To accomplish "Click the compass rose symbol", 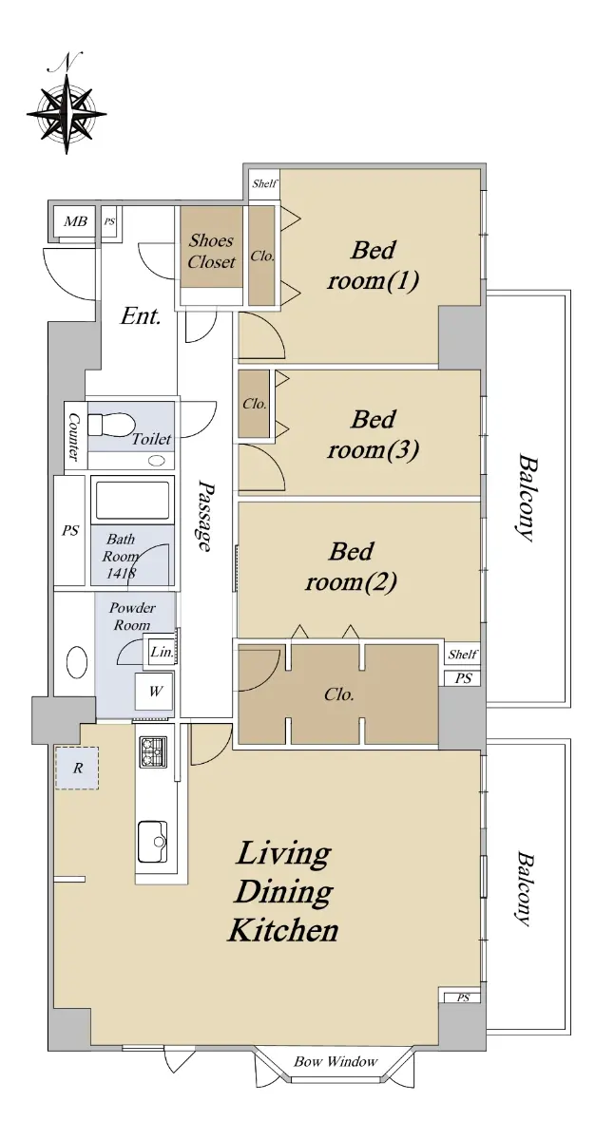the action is click(x=67, y=112).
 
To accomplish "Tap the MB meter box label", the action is click(x=75, y=221).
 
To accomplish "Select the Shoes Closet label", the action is click(x=211, y=252).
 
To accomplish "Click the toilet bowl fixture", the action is click(x=111, y=424).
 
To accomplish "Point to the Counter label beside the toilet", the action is click(x=74, y=437).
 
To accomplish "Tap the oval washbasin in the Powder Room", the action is click(x=76, y=661).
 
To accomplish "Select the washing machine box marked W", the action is click(x=155, y=692).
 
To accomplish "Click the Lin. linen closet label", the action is click(x=163, y=652).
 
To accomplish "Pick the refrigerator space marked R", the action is click(x=77, y=768).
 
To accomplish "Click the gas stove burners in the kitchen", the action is click(x=153, y=752).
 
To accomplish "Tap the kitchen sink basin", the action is click(x=153, y=842).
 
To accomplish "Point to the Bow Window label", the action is click(x=336, y=1062).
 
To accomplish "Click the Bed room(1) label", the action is click(x=374, y=266).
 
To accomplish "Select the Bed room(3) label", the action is click(x=374, y=435).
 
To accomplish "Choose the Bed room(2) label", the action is click(x=351, y=567).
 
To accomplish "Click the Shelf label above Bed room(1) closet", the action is click(x=264, y=183).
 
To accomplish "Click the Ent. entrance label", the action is click(x=141, y=316).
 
